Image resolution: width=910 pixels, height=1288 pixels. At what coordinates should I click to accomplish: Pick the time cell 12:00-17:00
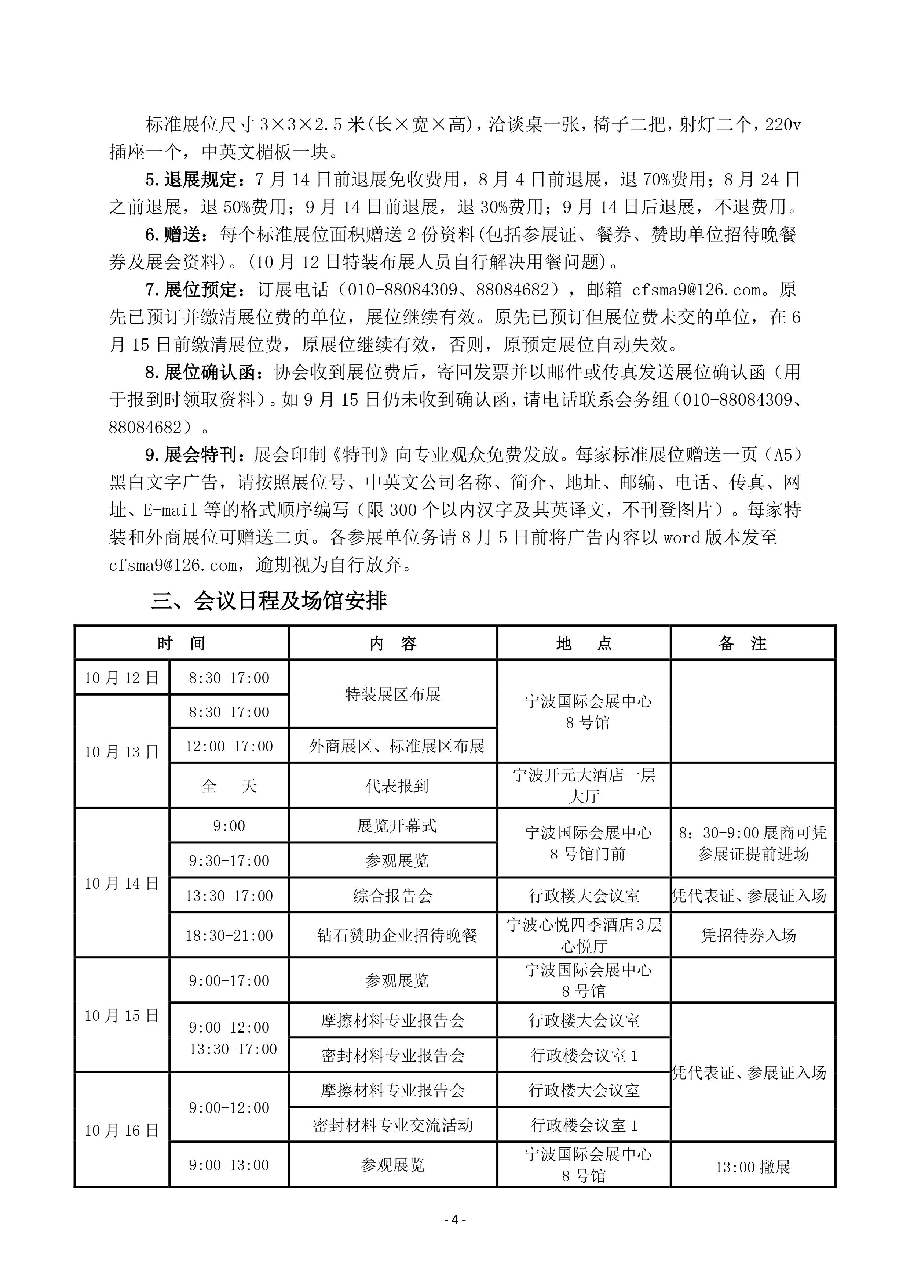click(229, 746)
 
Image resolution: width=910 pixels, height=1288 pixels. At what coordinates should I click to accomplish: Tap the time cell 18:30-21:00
click(229, 935)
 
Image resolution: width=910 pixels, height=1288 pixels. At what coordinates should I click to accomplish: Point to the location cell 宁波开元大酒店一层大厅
click(584, 786)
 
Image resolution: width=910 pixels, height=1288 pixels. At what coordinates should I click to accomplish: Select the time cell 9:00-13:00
click(229, 1165)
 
